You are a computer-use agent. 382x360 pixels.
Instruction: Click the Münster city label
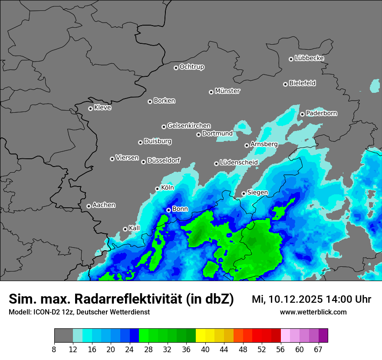pos(227,91)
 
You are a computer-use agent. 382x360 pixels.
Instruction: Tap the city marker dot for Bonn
pos(169,210)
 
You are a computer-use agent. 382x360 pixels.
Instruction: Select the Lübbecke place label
pos(309,58)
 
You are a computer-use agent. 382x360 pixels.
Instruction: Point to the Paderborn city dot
pos(303,114)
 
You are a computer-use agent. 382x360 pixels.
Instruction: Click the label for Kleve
pos(102,108)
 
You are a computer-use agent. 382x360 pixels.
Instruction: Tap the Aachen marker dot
pos(89,206)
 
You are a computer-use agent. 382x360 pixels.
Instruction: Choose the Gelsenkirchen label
pos(189,126)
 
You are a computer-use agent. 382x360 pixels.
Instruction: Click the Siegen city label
pos(257,193)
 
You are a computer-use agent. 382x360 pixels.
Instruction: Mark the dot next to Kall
pos(125,229)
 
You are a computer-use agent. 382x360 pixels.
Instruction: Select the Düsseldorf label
pos(164,160)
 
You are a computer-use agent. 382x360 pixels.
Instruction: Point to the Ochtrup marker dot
pos(176,67)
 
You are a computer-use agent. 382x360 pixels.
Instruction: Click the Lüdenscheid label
pos(239,163)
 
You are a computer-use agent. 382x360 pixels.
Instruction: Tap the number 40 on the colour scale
pos(205,350)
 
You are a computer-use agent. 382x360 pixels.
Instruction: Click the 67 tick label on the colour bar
pos(318,350)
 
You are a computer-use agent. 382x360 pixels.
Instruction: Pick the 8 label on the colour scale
pos(54,350)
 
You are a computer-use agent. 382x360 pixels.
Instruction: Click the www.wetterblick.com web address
pos(313,312)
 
